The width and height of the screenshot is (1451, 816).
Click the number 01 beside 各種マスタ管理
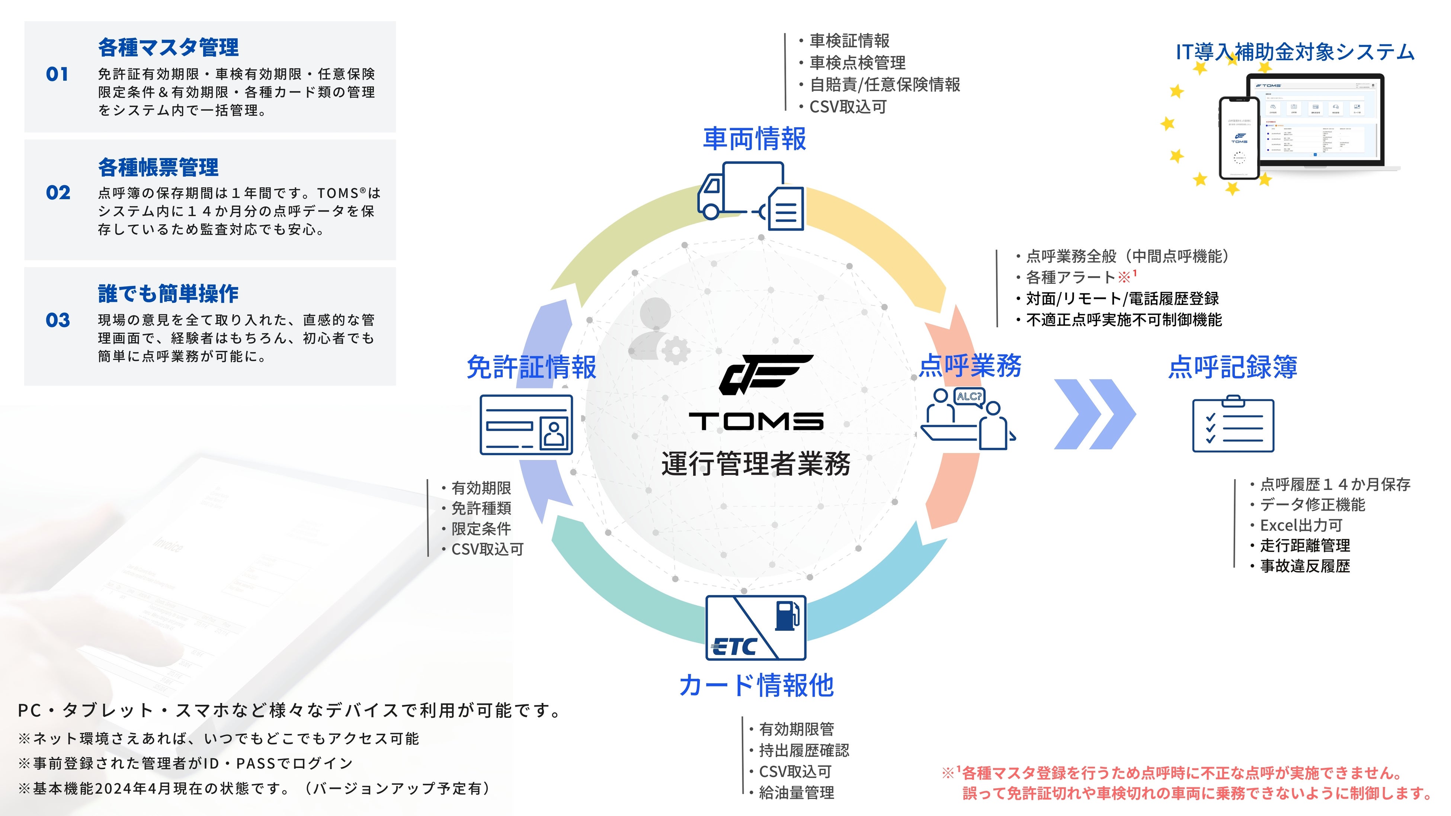(57, 74)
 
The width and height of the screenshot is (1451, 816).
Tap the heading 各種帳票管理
(158, 167)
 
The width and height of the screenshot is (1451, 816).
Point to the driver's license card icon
(526, 425)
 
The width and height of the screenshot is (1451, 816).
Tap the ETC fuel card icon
(755, 628)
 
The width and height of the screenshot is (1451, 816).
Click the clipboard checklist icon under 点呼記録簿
(1233, 425)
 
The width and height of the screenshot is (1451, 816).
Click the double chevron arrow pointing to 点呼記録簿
(1095, 414)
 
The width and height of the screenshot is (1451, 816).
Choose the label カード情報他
(756, 685)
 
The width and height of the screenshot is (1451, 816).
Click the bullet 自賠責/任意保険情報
(884, 84)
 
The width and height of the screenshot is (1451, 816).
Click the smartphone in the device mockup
(1239, 138)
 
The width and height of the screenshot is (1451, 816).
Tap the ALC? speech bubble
(969, 396)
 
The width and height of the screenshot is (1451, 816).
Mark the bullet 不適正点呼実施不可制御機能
(1124, 320)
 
